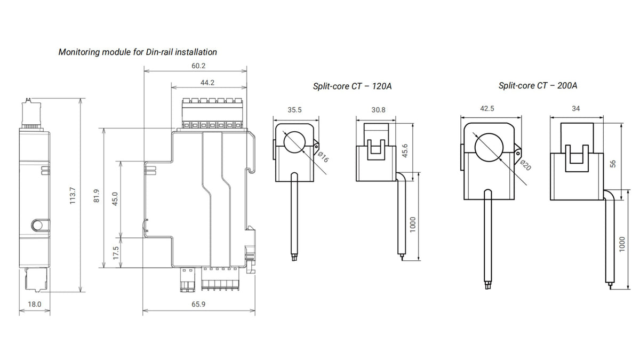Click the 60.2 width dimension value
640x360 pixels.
(x=198, y=66)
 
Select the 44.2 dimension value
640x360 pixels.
(x=207, y=83)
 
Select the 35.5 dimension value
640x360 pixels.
(x=294, y=110)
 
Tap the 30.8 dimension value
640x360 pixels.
(x=377, y=110)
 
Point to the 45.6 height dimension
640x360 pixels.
(x=405, y=151)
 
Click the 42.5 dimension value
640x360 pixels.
(x=487, y=108)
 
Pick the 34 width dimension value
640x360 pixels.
(x=575, y=108)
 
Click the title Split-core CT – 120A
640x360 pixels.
(x=352, y=86)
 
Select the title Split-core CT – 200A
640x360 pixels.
(x=538, y=85)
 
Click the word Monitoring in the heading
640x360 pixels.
(x=78, y=52)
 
